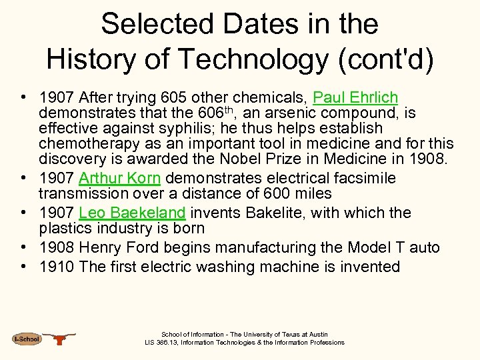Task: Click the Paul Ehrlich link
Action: [355, 97]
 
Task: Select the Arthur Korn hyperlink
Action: [119, 178]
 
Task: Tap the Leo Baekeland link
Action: [132, 213]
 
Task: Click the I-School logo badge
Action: [27, 339]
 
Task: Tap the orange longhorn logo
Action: [61, 338]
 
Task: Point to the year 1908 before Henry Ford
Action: [57, 247]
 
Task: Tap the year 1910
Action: [57, 267]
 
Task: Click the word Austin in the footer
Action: [318, 335]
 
